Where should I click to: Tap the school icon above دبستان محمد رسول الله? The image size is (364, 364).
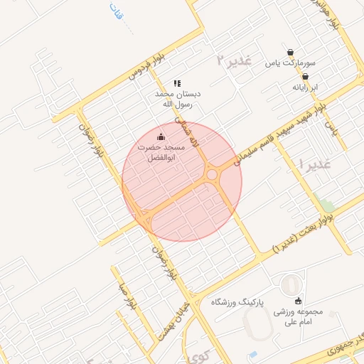click(177, 83)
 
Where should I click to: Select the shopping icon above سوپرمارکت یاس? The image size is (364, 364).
click(291, 52)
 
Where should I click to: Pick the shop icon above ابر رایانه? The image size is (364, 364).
click(306, 76)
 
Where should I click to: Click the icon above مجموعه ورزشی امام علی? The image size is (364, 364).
click(297, 300)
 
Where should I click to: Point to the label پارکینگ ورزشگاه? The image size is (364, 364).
click(237, 302)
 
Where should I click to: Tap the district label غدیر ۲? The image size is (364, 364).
click(235, 60)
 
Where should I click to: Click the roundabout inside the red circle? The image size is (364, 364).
click(212, 175)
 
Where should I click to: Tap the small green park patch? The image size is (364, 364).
click(326, 205)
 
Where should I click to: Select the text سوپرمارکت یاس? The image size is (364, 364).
click(290, 63)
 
